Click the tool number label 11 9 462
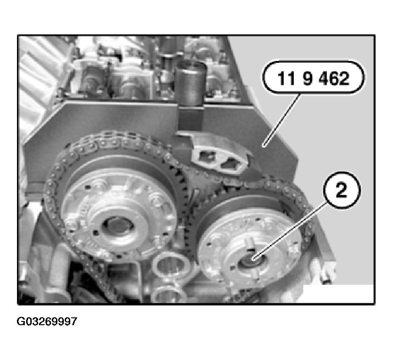[313, 78]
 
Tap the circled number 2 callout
[341, 190]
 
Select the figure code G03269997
[47, 321]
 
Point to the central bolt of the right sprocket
[253, 260]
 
